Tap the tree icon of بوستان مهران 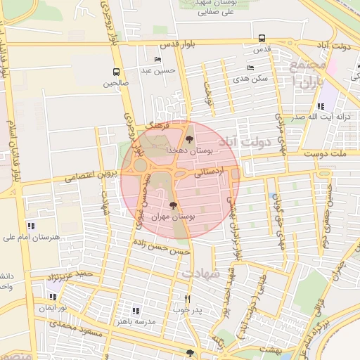(174, 205)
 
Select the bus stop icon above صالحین (116, 71)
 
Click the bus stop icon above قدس (262, 38)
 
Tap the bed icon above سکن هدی (251, 68)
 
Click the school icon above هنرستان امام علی (30, 226)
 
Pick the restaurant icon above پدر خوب (188, 297)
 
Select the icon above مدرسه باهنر (136, 309)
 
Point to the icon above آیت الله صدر (321, 106)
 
